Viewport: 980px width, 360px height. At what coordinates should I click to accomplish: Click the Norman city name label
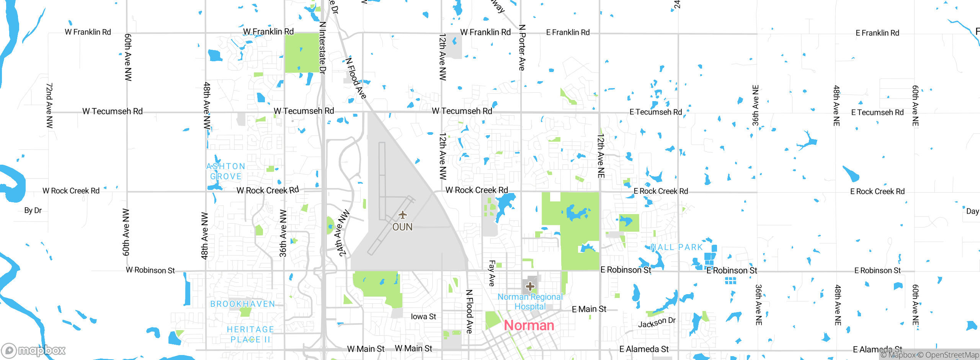[x=529, y=326]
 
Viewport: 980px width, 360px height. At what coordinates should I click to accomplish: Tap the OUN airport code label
[x=402, y=227]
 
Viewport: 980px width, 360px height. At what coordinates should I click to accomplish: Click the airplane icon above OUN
[x=402, y=214]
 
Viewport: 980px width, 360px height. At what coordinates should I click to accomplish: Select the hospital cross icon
[x=530, y=286]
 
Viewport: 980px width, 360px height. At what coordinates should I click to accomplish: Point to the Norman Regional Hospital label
[x=530, y=302]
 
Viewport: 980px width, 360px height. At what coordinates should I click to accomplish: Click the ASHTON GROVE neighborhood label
[x=226, y=171]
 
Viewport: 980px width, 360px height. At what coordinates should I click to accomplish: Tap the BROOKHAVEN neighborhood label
[x=243, y=304]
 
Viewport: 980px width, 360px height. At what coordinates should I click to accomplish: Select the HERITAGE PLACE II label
[x=251, y=334]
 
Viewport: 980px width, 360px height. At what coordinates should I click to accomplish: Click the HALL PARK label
[x=676, y=247]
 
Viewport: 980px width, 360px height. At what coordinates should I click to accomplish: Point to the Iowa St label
[x=423, y=317]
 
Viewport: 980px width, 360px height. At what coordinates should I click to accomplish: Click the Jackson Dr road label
[x=657, y=322]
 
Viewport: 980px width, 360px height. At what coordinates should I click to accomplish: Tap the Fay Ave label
[x=492, y=273]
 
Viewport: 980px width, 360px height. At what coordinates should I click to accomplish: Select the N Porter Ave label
[x=522, y=47]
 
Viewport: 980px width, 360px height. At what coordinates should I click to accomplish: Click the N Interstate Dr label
[x=323, y=47]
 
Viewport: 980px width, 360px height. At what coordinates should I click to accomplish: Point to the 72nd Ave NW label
[x=49, y=105]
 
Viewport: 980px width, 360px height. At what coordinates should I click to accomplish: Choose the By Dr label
[x=33, y=210]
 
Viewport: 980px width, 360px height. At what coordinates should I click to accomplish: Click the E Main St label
[x=589, y=309]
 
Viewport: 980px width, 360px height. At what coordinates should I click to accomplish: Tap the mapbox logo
[x=34, y=350]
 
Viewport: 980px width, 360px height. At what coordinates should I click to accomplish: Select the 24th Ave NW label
[x=344, y=232]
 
